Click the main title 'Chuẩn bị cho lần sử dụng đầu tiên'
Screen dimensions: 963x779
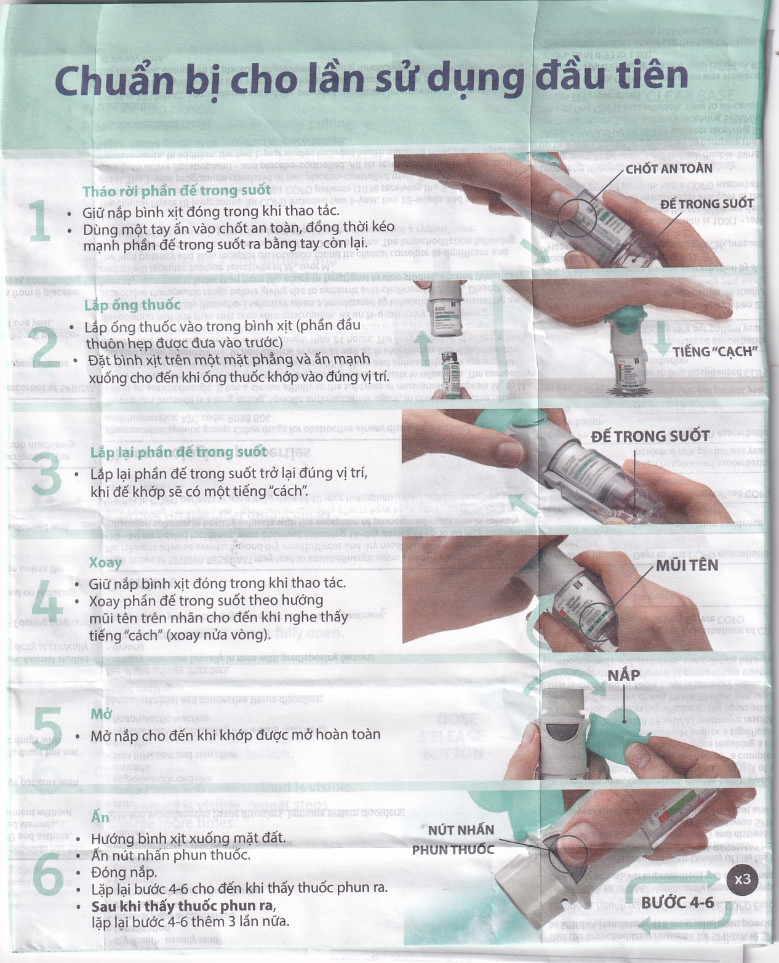click(371, 78)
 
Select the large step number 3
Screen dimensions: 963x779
click(47, 472)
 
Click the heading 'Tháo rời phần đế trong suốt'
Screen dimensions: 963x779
click(177, 191)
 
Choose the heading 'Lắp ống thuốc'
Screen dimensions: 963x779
click(132, 305)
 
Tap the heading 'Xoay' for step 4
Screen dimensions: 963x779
click(105, 562)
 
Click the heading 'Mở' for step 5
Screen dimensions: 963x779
click(101, 714)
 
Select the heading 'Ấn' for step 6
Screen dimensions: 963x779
click(100, 817)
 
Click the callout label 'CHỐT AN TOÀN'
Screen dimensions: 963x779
click(668, 169)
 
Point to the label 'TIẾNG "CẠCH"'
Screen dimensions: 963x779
click(713, 351)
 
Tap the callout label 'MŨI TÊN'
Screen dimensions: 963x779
click(686, 565)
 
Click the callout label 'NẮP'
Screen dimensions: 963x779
click(623, 676)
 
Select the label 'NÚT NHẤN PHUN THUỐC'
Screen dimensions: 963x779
click(453, 840)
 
